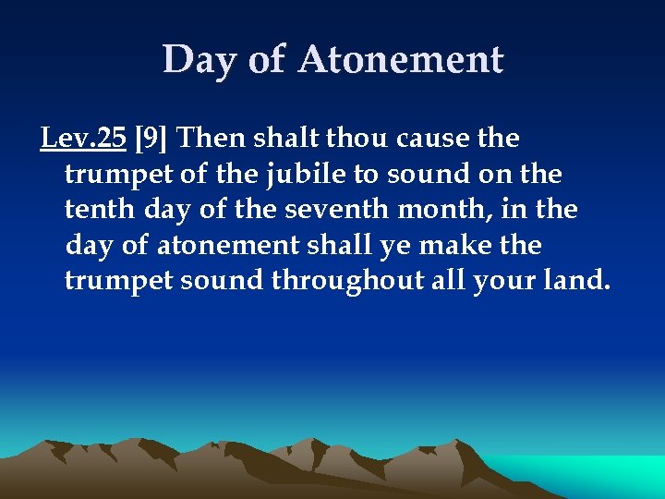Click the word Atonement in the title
click(401, 61)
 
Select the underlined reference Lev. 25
click(83, 139)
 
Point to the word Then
click(209, 139)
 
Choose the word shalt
click(284, 139)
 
